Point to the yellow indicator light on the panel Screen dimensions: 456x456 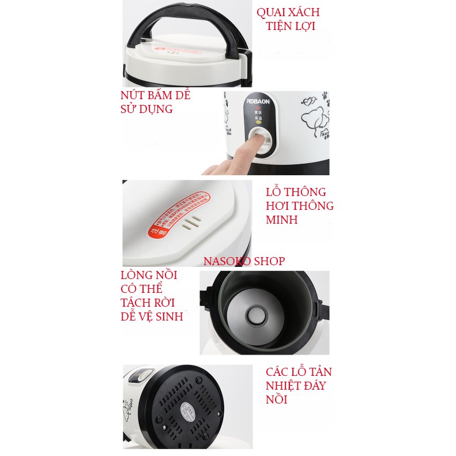[x=259, y=122]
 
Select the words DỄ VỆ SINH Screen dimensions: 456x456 [x=152, y=316]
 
